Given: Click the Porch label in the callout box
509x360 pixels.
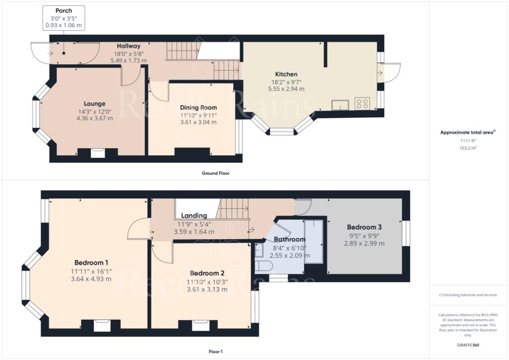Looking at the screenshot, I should click(x=64, y=10).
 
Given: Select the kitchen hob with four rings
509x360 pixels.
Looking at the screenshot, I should click(x=361, y=104).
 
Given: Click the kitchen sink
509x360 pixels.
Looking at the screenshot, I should click(x=340, y=104).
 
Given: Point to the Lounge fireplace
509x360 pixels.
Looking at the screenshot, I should click(x=98, y=153).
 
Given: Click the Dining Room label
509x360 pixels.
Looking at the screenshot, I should click(x=198, y=107).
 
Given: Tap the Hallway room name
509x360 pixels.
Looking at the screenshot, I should click(x=129, y=46).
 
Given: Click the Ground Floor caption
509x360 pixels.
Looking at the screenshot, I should click(x=215, y=174).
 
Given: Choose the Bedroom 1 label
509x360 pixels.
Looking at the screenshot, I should click(x=91, y=263).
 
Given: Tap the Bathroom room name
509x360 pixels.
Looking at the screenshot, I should click(x=289, y=239).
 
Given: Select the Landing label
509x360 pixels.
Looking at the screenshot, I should click(x=194, y=215).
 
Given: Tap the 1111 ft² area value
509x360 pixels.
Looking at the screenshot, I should click(x=469, y=141).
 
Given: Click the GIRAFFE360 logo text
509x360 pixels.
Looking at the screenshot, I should click(x=469, y=345).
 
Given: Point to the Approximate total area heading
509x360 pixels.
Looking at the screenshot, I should click(x=468, y=132).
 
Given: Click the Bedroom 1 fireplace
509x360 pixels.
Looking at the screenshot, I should click(x=102, y=325).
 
